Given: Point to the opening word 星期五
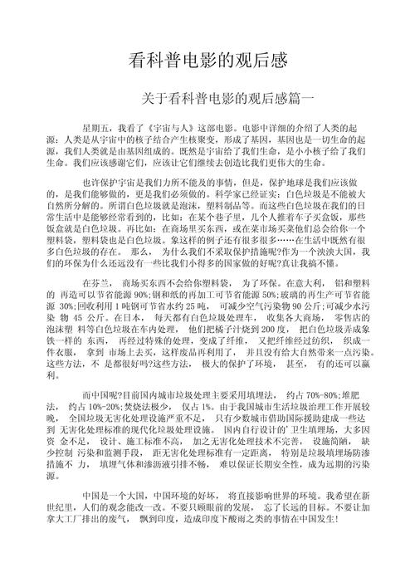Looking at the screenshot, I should tap(95, 128).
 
